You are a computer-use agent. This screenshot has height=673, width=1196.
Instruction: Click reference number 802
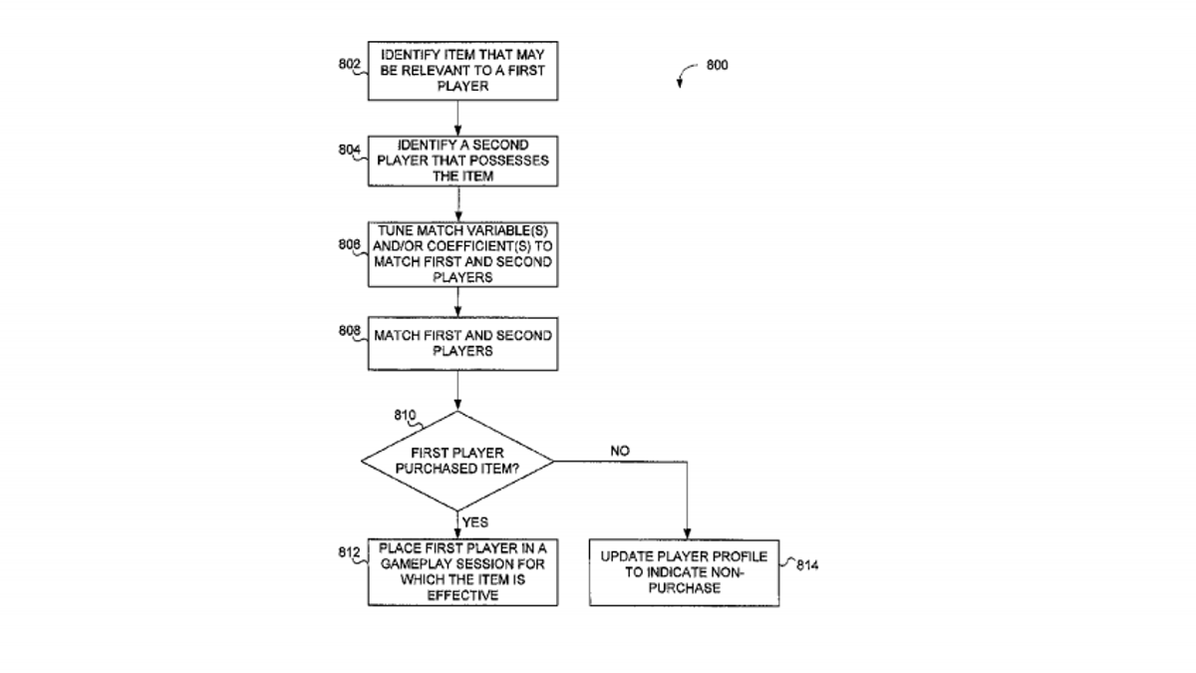[349, 64]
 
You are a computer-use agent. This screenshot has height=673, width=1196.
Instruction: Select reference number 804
[349, 151]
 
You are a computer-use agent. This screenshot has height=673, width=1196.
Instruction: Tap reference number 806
[349, 244]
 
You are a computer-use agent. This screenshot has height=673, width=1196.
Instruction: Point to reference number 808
[349, 331]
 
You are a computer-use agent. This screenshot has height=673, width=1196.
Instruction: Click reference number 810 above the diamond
[405, 415]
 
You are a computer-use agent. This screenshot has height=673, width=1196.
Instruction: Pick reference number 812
[349, 552]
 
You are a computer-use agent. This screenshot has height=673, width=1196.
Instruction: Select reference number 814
[807, 565]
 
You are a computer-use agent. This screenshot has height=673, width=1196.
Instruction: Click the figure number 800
[717, 65]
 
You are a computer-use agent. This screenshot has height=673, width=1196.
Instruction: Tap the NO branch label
[620, 451]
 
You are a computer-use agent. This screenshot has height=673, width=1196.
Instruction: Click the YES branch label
[475, 521]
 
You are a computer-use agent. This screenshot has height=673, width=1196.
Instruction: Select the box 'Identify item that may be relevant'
[462, 71]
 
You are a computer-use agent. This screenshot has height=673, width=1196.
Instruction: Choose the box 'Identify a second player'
[462, 162]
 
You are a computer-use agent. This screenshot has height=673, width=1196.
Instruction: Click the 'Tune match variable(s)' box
[462, 255]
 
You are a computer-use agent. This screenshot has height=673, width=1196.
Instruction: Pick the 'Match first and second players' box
[462, 344]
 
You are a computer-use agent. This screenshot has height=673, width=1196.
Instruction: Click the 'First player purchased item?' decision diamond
[457, 461]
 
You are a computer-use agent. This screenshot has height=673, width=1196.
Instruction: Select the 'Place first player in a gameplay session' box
[462, 572]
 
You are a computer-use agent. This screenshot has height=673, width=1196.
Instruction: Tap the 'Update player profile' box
[684, 572]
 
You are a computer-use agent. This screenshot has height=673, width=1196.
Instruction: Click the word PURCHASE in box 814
[685, 588]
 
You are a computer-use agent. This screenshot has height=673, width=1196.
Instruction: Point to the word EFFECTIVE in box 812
[462, 595]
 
